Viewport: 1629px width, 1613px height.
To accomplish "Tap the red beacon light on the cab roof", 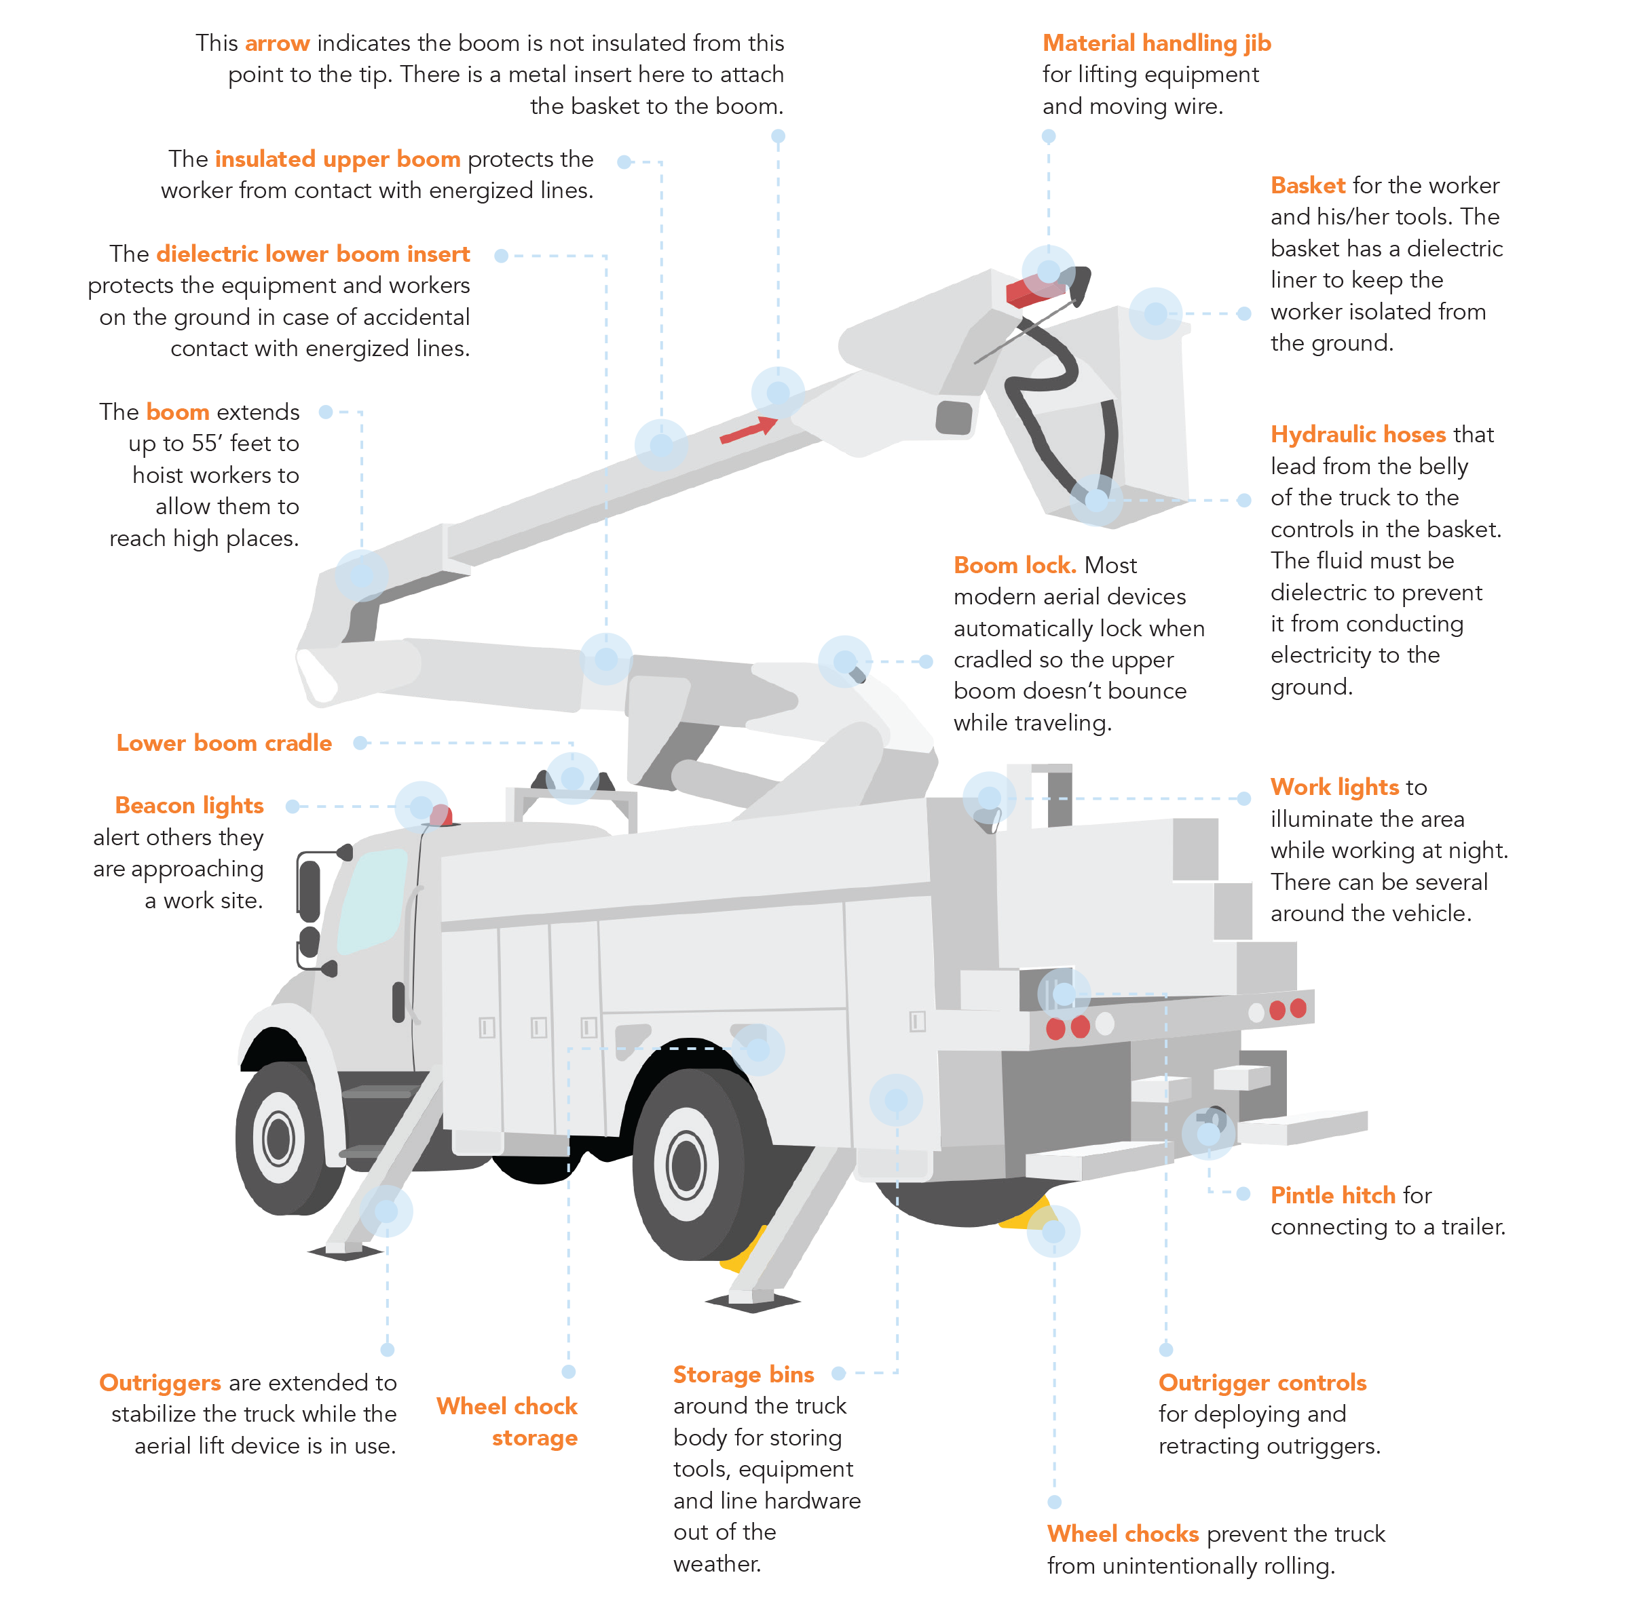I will (441, 815).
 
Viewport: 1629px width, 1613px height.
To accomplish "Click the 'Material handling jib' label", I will (1156, 43).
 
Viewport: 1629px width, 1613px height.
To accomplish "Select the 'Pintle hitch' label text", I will (1332, 1195).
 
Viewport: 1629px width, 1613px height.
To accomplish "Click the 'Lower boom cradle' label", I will (223, 743).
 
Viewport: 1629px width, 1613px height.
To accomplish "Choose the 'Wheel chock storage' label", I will (508, 1421).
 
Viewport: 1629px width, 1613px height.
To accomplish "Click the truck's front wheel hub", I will (278, 1140).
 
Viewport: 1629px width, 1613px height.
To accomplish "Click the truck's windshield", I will (371, 897).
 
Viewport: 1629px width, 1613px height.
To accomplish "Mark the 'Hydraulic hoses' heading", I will (1357, 434).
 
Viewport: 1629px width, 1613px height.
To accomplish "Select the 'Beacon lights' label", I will (189, 805).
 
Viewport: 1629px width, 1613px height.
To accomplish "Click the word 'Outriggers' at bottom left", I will (160, 1382).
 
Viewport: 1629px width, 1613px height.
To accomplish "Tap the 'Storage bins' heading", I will (743, 1374).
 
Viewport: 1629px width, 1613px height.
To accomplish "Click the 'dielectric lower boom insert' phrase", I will (313, 254).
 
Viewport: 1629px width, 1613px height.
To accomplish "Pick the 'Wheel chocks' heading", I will (1122, 1533).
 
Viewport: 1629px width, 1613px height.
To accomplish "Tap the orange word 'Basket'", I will (1308, 185).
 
